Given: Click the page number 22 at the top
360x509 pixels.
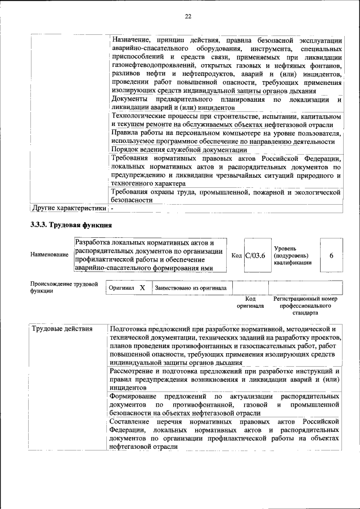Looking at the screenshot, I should [x=188, y=16].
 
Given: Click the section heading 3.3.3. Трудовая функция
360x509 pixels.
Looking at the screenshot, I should [x=71, y=226].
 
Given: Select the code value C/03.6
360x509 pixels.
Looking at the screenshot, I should [x=255, y=255].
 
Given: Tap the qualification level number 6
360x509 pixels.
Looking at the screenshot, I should [x=331, y=255].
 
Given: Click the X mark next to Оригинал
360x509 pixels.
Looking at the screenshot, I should [x=142, y=287].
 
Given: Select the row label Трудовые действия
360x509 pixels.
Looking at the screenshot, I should [x=62, y=328].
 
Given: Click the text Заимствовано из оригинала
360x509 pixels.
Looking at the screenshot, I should [x=190, y=288].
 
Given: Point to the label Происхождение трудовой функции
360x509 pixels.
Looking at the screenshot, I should [x=64, y=287].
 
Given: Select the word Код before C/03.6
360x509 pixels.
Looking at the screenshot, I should [x=237, y=255].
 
